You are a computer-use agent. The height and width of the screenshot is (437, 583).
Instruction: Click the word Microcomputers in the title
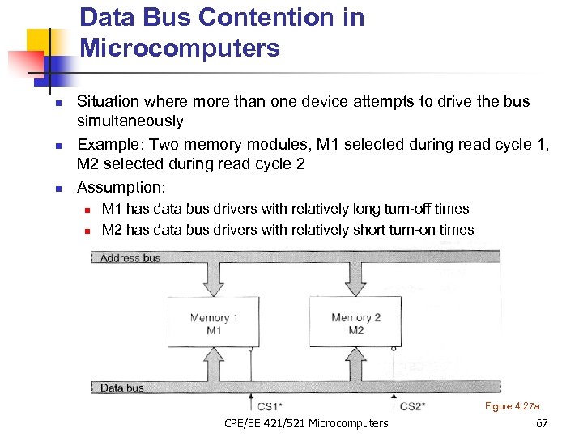tap(180, 49)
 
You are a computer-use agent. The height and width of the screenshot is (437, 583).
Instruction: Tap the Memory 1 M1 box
tap(214, 324)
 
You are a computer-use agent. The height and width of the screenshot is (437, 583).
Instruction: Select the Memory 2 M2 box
tap(356, 324)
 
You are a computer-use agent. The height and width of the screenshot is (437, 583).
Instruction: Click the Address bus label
tap(130, 258)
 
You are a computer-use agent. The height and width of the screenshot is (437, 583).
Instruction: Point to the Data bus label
tap(122, 388)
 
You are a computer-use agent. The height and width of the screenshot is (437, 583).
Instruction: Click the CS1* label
tap(269, 405)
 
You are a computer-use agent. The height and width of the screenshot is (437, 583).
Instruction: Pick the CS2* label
tap(413, 405)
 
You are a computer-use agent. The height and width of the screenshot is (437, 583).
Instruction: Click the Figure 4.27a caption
tap(512, 405)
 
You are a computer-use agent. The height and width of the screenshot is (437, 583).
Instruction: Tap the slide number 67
tap(542, 423)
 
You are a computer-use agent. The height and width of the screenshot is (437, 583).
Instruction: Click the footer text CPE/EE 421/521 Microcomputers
tap(305, 423)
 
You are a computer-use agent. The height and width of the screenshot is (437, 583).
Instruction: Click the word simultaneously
tap(130, 121)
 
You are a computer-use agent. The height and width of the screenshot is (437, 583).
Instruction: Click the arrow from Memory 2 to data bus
tap(356, 364)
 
